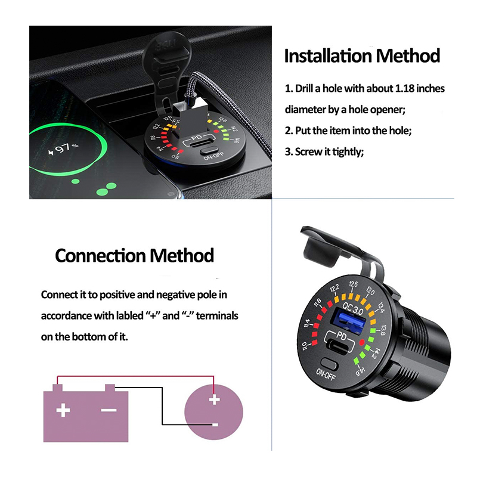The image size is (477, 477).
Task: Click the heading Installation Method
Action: point(362,56)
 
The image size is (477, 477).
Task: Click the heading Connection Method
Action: point(134,256)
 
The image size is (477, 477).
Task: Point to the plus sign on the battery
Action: point(63,410)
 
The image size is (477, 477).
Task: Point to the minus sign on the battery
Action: point(109,410)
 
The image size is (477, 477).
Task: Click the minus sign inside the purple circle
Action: point(214,425)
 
